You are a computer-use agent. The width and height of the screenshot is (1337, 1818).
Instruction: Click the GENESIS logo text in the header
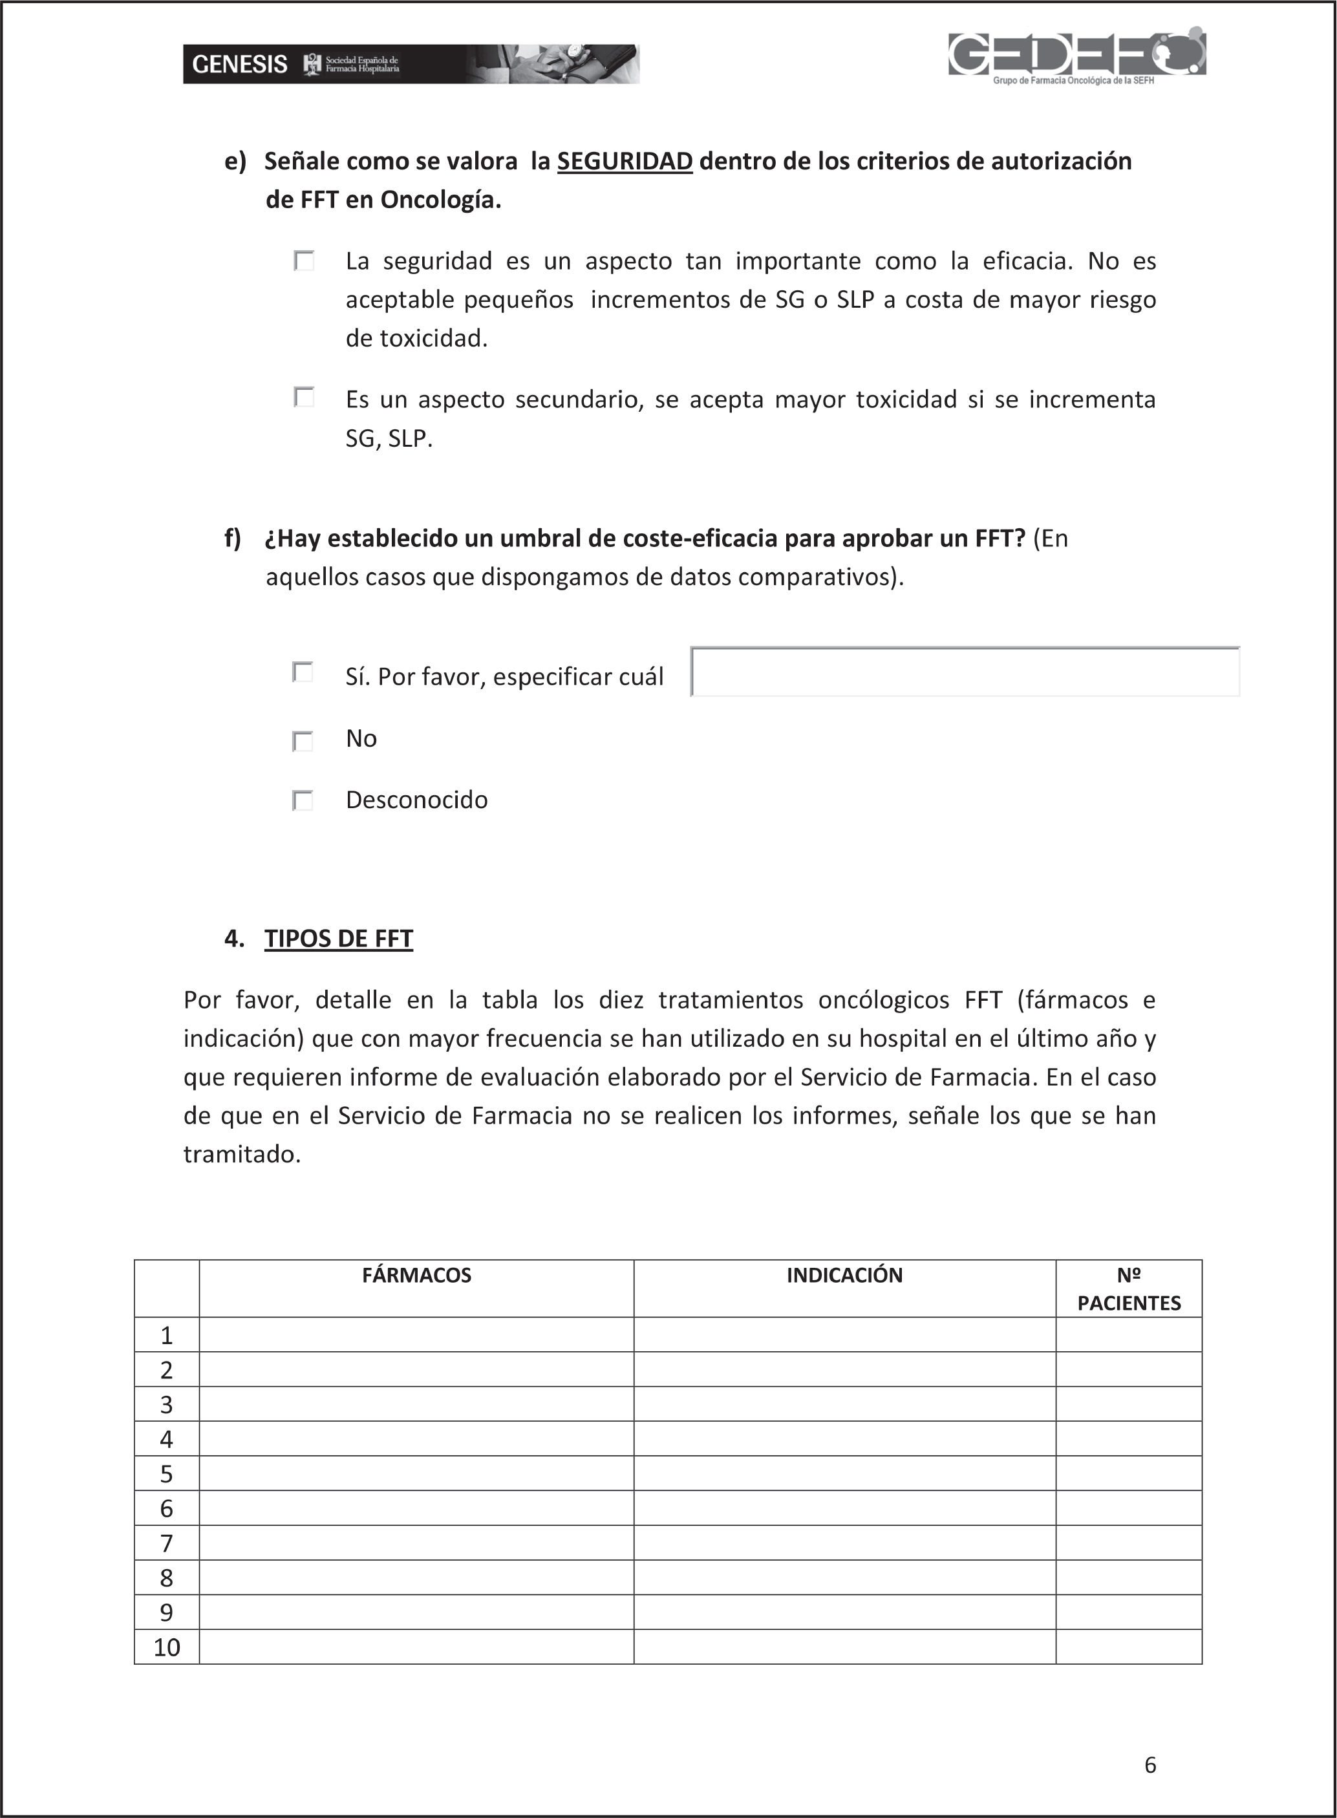(x=240, y=65)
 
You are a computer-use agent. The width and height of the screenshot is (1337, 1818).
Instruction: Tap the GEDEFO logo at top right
(x=1076, y=55)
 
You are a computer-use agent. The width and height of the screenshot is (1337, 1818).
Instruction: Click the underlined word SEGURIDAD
(x=624, y=162)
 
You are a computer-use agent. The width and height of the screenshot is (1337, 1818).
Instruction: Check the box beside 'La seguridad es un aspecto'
(x=305, y=261)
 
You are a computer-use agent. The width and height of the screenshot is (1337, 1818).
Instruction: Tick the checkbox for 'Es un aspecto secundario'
(x=305, y=397)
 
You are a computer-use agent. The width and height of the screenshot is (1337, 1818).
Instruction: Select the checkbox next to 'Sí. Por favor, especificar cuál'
(x=303, y=672)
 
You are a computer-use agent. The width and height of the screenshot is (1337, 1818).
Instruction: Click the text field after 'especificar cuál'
(x=965, y=672)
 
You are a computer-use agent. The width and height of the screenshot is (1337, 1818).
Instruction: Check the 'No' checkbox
(x=303, y=740)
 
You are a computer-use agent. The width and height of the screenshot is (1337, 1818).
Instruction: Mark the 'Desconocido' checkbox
(x=303, y=800)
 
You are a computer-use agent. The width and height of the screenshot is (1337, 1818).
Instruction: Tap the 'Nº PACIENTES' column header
(x=1128, y=1289)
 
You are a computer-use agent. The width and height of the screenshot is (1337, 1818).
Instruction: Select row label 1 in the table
(x=167, y=1335)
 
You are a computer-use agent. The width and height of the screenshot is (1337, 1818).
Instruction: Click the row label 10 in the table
(x=167, y=1647)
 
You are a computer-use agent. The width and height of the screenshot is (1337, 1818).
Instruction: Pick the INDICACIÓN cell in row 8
(x=844, y=1577)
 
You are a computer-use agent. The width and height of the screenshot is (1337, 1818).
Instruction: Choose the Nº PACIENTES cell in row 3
(x=1128, y=1405)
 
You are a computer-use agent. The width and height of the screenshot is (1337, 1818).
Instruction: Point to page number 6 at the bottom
(x=1150, y=1764)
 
